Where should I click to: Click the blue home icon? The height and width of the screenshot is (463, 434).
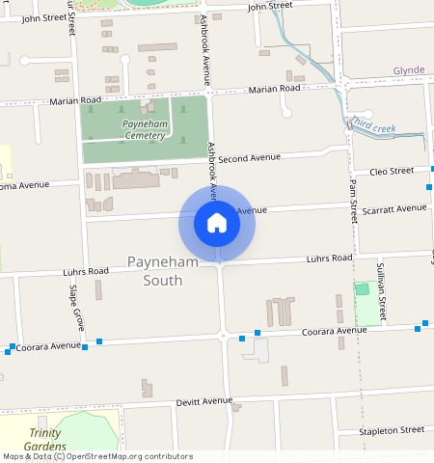pyautogui.click(x=217, y=224)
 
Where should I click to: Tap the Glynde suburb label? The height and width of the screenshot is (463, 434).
pyautogui.click(x=408, y=70)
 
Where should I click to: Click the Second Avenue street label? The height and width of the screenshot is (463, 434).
pyautogui.click(x=249, y=157)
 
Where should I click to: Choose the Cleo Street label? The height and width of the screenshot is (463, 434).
pyautogui.click(x=392, y=171)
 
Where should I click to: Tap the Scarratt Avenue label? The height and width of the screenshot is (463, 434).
pyautogui.click(x=397, y=207)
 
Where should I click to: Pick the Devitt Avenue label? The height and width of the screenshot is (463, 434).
pyautogui.click(x=204, y=400)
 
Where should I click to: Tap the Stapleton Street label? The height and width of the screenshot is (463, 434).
pyautogui.click(x=392, y=429)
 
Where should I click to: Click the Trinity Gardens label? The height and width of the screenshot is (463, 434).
pyautogui.click(x=45, y=440)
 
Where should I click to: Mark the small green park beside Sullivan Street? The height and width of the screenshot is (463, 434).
pyautogui.click(x=362, y=288)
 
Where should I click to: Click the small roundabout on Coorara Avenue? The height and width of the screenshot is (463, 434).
pyautogui.click(x=224, y=337)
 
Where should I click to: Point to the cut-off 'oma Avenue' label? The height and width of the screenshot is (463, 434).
pyautogui.click(x=23, y=185)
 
